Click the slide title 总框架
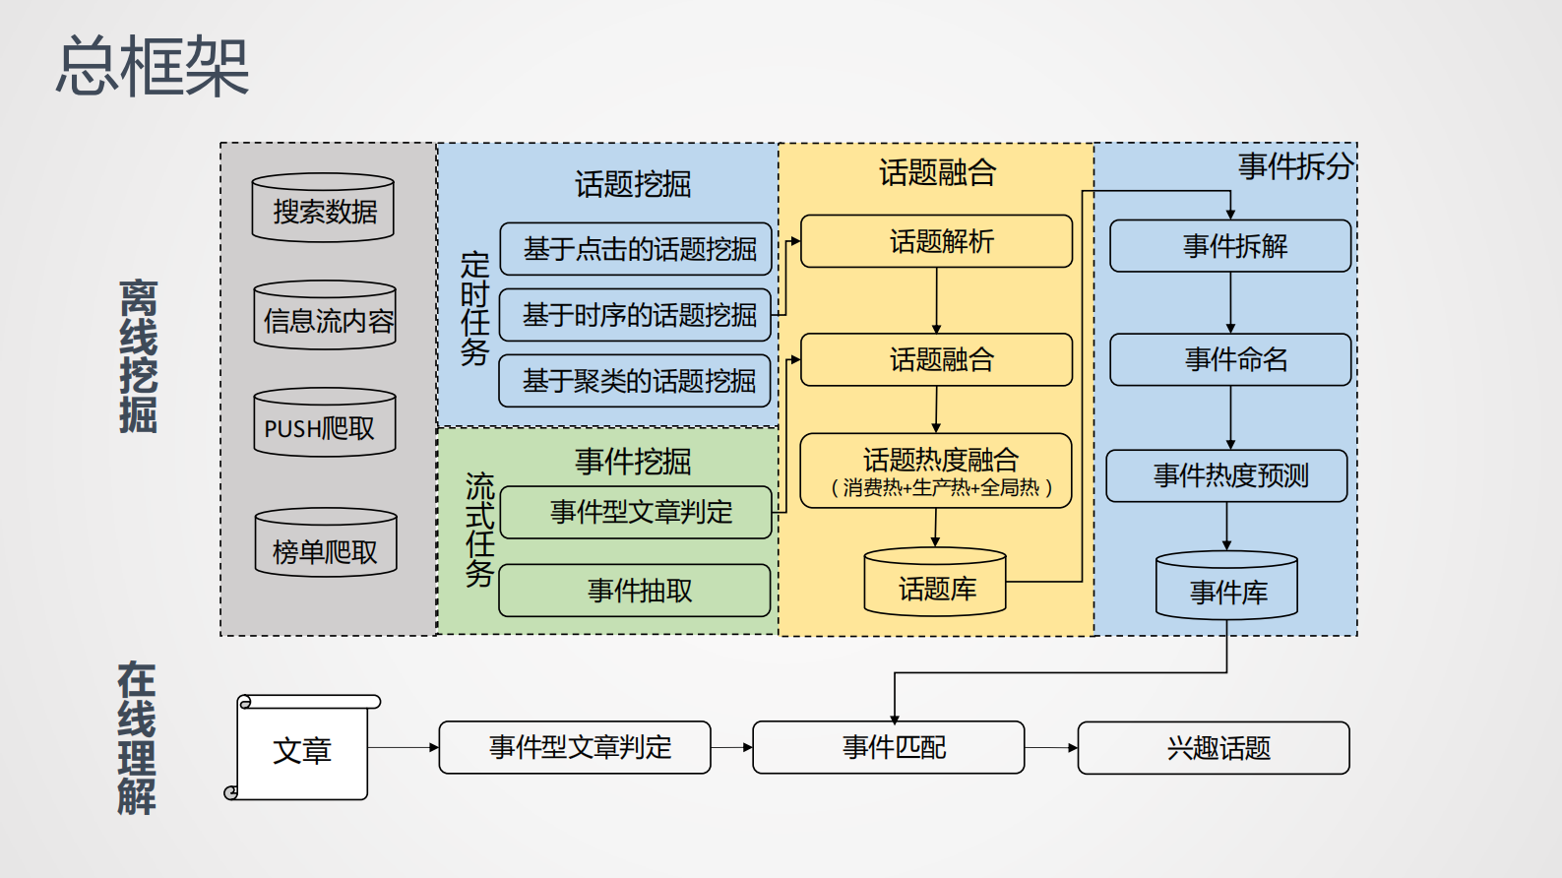click(153, 67)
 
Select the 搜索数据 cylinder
click(323, 209)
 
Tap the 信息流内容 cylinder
click(325, 317)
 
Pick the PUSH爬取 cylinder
click(325, 424)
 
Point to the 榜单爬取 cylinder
click(326, 544)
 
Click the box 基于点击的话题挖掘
click(636, 249)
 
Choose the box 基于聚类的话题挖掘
click(636, 381)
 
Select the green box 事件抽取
click(636, 591)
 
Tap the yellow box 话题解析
click(937, 241)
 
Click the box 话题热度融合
click(937, 470)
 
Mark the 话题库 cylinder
click(935, 584)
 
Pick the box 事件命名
click(1230, 359)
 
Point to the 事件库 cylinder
click(1226, 588)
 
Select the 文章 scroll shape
click(303, 750)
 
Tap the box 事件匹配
click(889, 748)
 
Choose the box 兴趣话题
click(1214, 748)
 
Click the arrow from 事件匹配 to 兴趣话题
click(1051, 748)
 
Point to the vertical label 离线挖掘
click(138, 356)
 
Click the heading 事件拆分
click(1295, 166)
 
